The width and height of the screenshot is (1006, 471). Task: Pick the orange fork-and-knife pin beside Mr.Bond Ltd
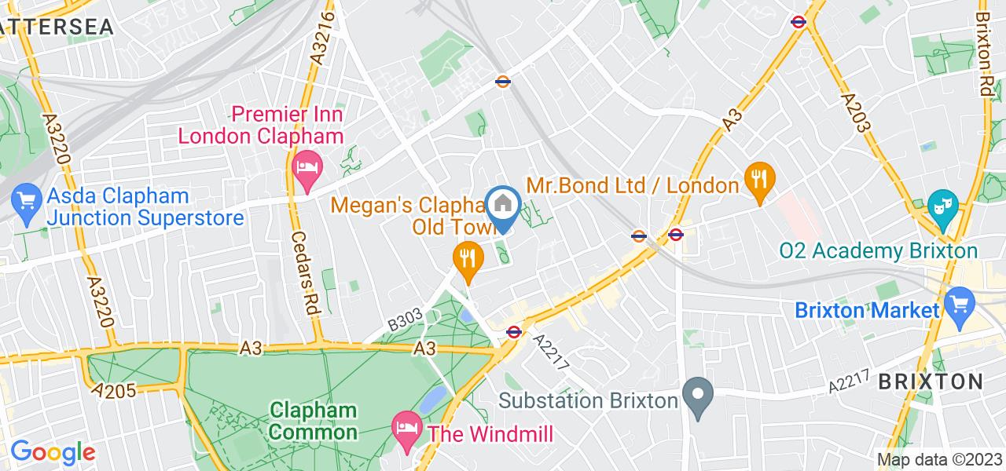coord(758,181)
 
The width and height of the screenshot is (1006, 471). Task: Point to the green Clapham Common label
coord(314,421)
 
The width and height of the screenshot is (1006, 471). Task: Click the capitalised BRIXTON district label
coord(931,382)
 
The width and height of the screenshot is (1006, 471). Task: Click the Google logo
coord(52,452)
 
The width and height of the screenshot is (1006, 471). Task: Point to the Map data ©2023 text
coord(939,459)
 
